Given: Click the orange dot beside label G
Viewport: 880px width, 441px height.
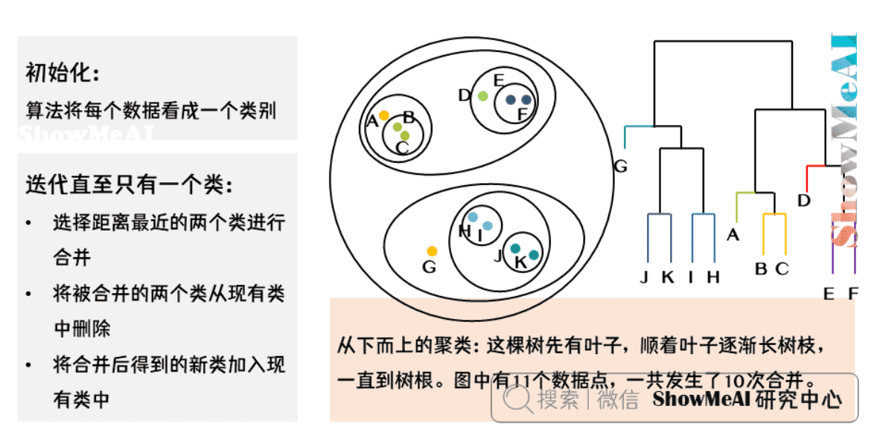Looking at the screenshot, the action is click(x=432, y=251).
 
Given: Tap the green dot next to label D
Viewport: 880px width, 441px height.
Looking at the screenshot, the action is click(x=482, y=95).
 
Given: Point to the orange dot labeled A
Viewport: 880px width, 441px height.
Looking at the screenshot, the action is click(x=383, y=115).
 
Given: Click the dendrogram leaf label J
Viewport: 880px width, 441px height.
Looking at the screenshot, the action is click(x=645, y=277).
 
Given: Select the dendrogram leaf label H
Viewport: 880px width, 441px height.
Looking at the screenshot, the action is click(x=713, y=277).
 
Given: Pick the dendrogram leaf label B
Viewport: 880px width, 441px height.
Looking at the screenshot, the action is click(x=761, y=269).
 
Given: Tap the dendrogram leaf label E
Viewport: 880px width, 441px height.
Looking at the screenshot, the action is click(x=829, y=294).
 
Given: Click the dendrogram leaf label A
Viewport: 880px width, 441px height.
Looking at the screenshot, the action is click(x=733, y=235).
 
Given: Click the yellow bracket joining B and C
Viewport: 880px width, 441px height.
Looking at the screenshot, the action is click(x=774, y=216).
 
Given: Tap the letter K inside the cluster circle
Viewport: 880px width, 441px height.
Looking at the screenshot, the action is click(x=520, y=261).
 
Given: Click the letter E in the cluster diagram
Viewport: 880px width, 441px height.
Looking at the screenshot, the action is click(x=499, y=80).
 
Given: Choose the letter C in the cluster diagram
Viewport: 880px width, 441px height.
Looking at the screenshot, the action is click(x=402, y=147).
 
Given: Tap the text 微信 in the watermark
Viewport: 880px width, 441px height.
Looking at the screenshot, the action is click(x=618, y=399).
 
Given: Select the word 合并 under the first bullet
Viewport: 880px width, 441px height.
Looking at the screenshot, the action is click(x=72, y=257).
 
